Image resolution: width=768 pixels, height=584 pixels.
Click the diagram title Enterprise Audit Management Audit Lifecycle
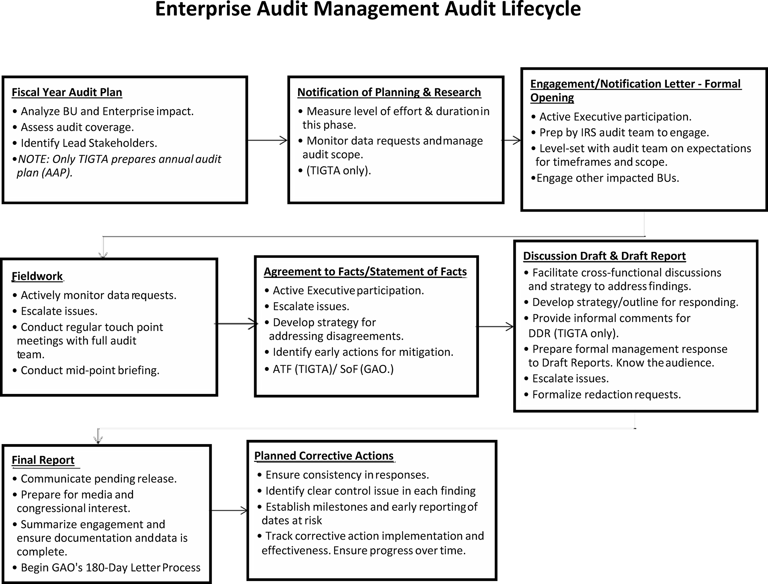click(368, 9)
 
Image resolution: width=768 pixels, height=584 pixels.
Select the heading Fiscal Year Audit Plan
click(67, 93)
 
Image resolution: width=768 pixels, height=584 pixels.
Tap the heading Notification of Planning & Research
click(389, 93)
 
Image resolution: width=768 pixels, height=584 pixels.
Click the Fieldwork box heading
click(37, 276)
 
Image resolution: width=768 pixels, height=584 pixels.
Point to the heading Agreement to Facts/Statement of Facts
click(365, 272)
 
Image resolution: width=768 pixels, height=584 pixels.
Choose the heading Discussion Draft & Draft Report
click(604, 256)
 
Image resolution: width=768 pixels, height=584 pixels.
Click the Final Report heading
click(43, 460)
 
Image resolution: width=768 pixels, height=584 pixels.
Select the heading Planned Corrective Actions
click(324, 456)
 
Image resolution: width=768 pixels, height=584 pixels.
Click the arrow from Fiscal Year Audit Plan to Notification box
click(267, 140)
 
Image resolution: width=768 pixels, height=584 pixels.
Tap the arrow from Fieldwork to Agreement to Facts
click(236, 324)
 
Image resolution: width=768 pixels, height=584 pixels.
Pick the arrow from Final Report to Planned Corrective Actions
click(229, 511)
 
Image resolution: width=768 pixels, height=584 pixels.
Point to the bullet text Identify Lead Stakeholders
click(89, 143)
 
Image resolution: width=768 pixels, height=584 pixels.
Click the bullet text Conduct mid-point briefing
click(90, 370)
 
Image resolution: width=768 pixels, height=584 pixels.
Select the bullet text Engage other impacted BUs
click(608, 178)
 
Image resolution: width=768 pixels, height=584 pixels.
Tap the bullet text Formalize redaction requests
click(606, 395)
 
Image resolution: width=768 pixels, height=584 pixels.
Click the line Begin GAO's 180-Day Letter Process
click(110, 568)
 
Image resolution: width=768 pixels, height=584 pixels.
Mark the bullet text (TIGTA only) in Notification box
click(338, 171)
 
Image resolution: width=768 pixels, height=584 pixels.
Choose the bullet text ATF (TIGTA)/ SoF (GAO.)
click(333, 369)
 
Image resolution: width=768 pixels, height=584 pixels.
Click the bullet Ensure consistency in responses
click(347, 475)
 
